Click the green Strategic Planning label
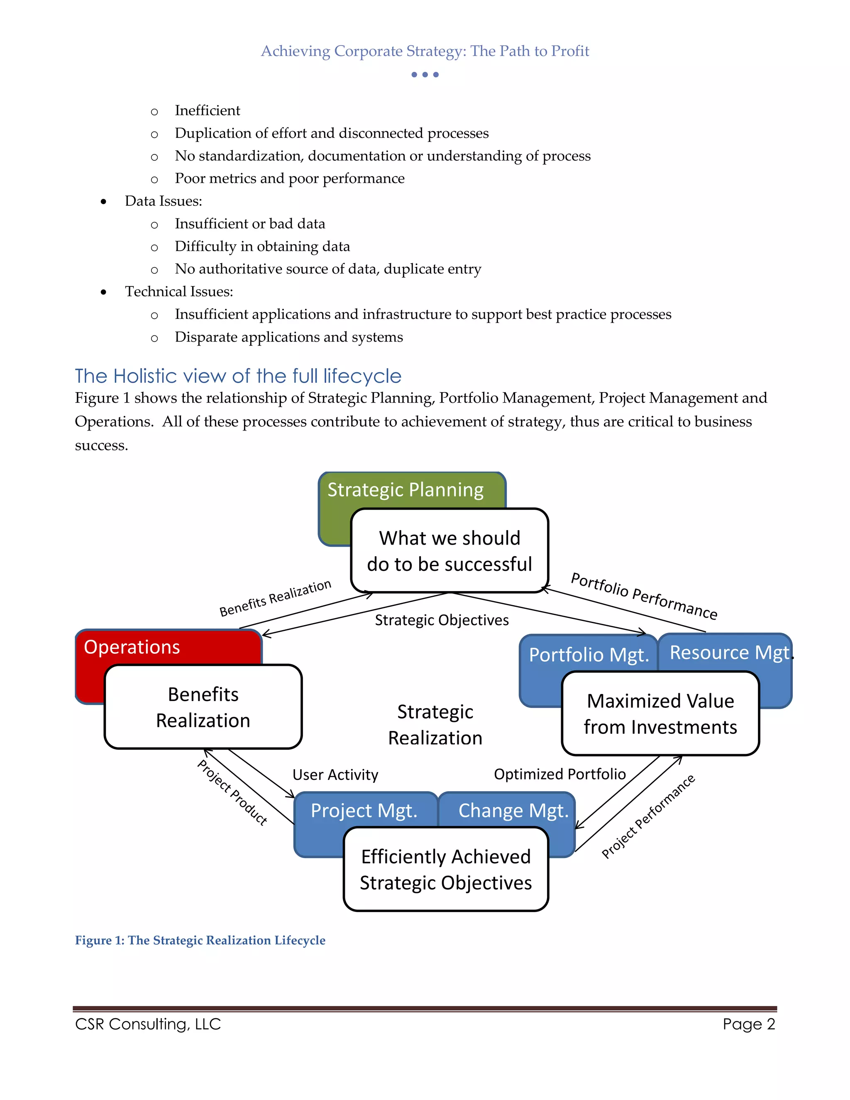(x=405, y=489)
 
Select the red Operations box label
(x=132, y=647)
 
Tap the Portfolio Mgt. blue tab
(x=589, y=655)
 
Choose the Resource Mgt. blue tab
(x=729, y=653)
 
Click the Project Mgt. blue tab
(x=364, y=810)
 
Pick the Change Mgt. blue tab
(x=513, y=810)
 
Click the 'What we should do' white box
(x=449, y=551)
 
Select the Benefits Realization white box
(x=203, y=707)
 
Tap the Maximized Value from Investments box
(x=660, y=714)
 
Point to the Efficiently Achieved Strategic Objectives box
(x=446, y=869)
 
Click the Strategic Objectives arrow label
(x=442, y=620)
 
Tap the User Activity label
(x=335, y=775)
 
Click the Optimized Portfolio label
(x=559, y=774)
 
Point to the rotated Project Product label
(x=232, y=793)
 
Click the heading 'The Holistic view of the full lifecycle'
(x=238, y=376)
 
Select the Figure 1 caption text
(x=200, y=940)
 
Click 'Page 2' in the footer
(x=748, y=1024)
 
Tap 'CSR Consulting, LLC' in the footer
(x=148, y=1024)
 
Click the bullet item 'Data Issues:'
(x=164, y=201)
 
